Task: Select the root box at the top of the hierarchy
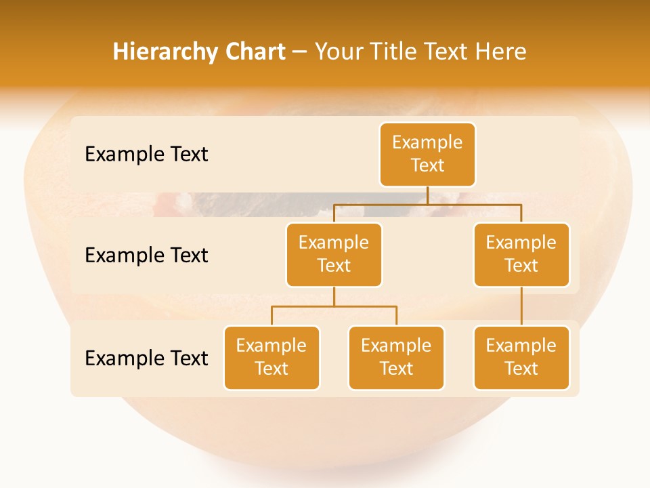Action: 427,154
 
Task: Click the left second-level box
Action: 334,254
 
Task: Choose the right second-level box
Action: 521,254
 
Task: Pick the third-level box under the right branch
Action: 521,357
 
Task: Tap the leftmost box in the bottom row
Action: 272,357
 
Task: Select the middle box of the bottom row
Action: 396,357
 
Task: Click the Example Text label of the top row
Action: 146,154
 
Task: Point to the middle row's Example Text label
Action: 146,255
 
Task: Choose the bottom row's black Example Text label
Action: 146,358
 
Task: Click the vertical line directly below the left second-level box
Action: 334,296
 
